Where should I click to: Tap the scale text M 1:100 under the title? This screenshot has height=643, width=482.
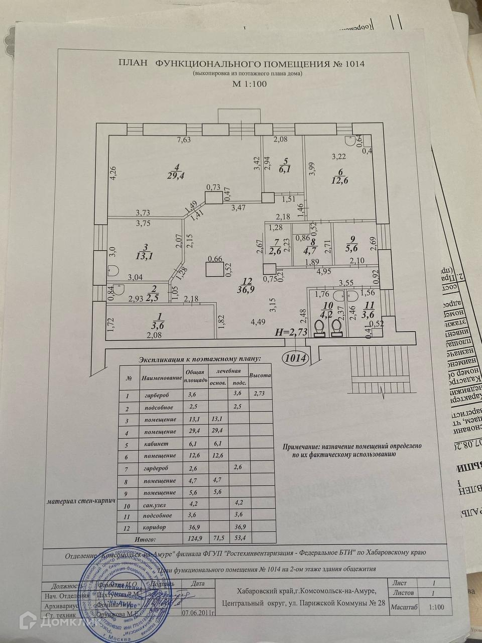tap(249, 84)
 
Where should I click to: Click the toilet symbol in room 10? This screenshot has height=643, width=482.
tap(318, 328)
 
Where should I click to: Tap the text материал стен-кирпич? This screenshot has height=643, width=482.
tap(81, 501)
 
